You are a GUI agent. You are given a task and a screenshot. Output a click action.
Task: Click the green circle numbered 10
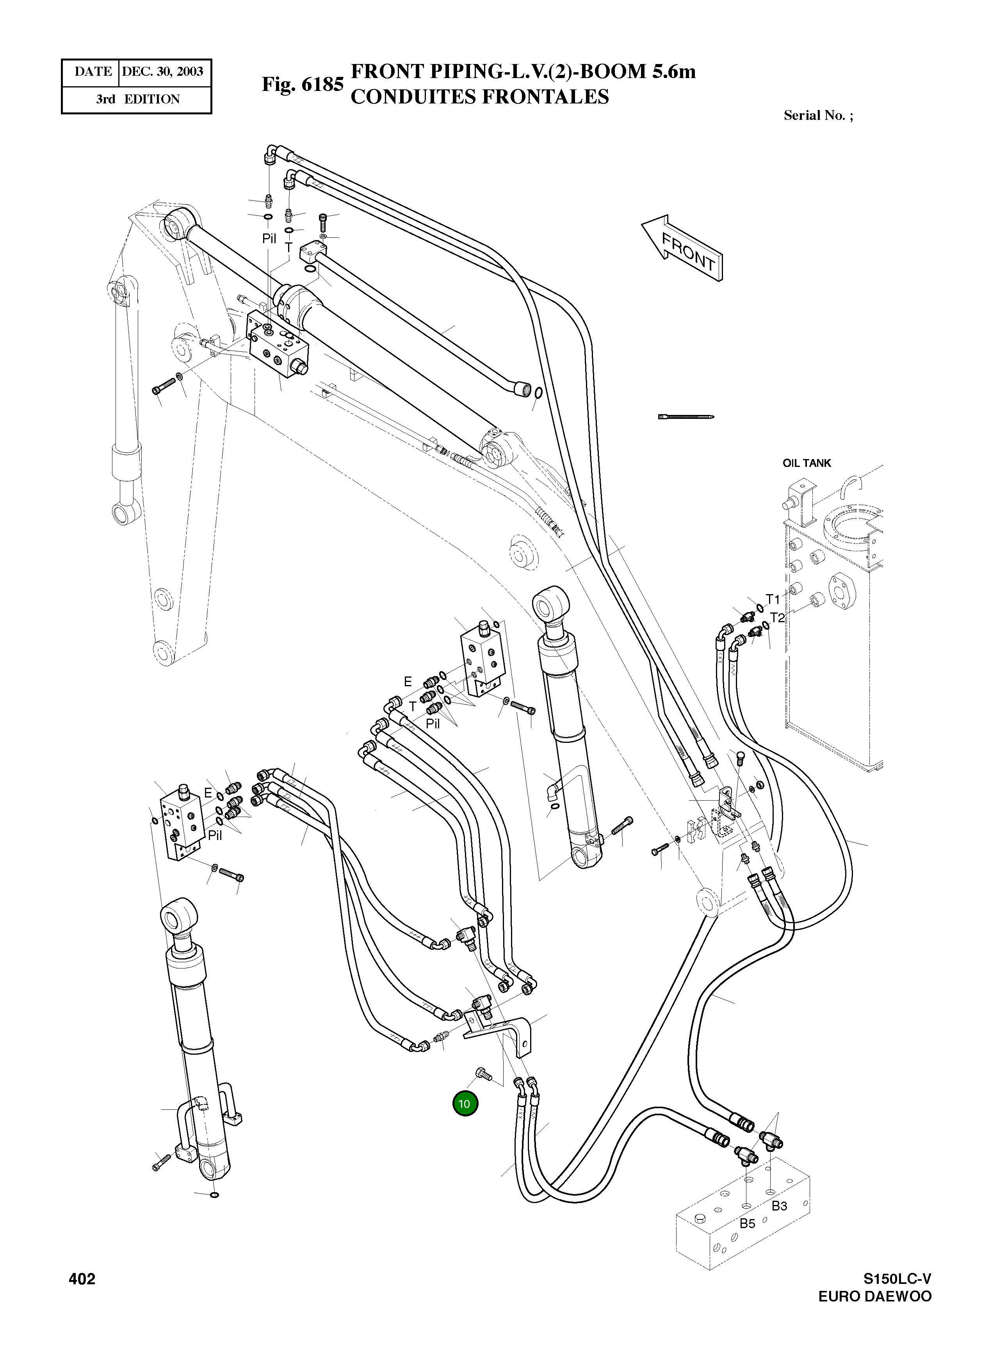tap(465, 1104)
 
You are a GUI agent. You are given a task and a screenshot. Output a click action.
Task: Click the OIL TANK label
tap(807, 463)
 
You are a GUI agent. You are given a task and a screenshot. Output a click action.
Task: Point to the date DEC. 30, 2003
tap(162, 71)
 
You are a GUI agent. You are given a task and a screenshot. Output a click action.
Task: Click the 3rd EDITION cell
tap(137, 99)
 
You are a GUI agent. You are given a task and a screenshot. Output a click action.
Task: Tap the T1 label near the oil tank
tap(773, 599)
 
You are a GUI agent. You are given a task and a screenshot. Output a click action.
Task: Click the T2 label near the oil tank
tap(777, 617)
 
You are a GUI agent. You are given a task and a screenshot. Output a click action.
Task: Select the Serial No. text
tap(818, 116)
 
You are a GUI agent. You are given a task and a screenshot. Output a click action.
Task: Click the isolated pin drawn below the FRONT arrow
tap(686, 416)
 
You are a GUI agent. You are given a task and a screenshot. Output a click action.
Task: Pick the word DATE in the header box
tap(93, 71)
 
